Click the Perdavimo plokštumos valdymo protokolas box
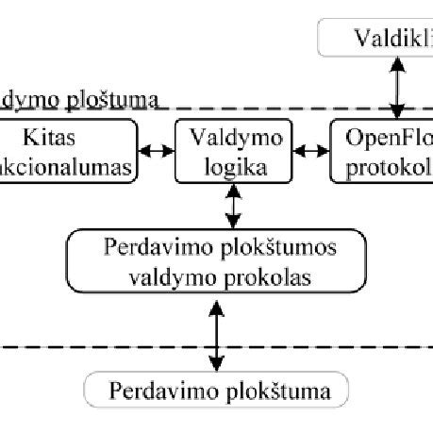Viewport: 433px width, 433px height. [x=217, y=267]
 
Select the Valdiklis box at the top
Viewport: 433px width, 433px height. [x=377, y=38]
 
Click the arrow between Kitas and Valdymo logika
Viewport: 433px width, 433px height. [x=157, y=151]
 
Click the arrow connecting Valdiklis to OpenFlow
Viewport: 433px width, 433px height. [x=397, y=85]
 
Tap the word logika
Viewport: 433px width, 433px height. [x=231, y=167]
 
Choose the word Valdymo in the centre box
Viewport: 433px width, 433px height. [x=232, y=137]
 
